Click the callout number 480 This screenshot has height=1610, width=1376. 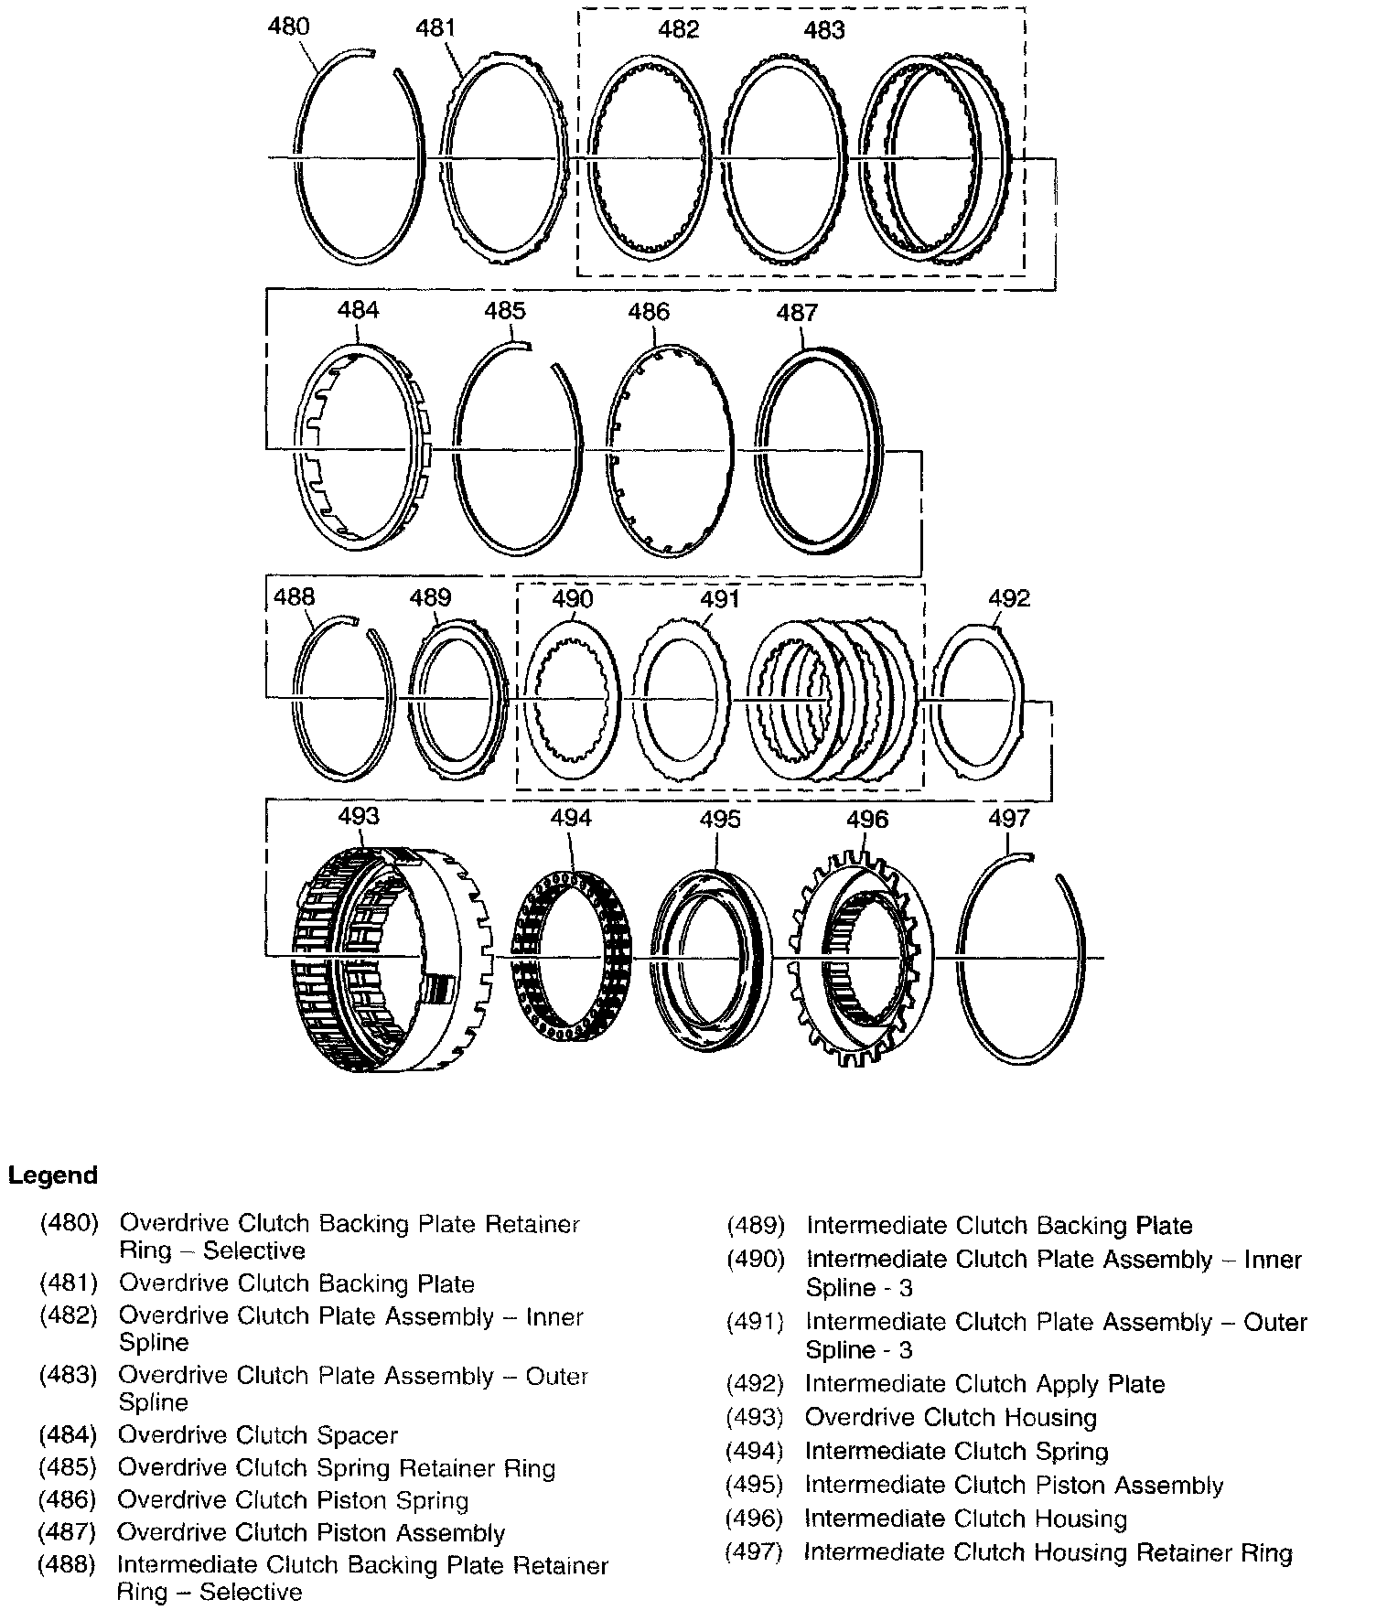[x=288, y=26]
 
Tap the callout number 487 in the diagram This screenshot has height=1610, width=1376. [x=796, y=313]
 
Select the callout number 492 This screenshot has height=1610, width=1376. [x=1009, y=598]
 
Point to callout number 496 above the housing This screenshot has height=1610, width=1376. [x=866, y=819]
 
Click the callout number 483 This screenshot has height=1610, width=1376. [x=823, y=31]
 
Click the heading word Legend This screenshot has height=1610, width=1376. [x=53, y=1175]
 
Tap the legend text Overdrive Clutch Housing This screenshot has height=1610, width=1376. [x=951, y=1418]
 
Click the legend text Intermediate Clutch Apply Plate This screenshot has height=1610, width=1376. [x=984, y=1384]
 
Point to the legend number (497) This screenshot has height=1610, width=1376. [x=755, y=1552]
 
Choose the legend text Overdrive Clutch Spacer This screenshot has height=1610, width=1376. [x=258, y=1435]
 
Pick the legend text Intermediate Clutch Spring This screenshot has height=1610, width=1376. [x=956, y=1452]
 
